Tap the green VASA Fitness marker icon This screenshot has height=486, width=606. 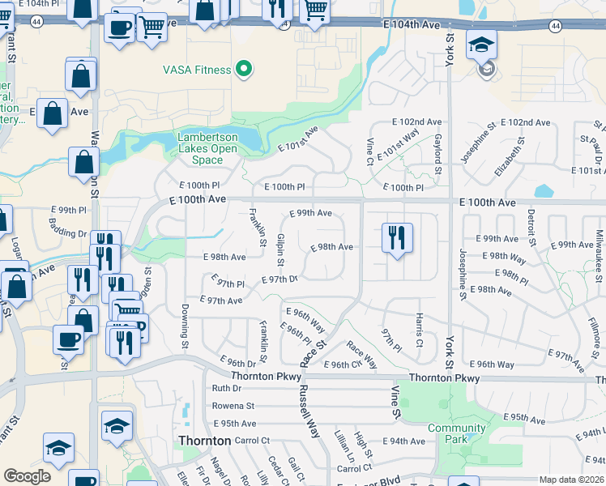241,70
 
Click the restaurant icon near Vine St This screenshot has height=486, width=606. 396,238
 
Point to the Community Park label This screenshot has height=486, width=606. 457,433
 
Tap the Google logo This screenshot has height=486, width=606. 27,476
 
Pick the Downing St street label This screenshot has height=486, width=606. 185,327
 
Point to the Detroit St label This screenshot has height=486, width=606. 531,228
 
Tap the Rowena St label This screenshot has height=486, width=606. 233,406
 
